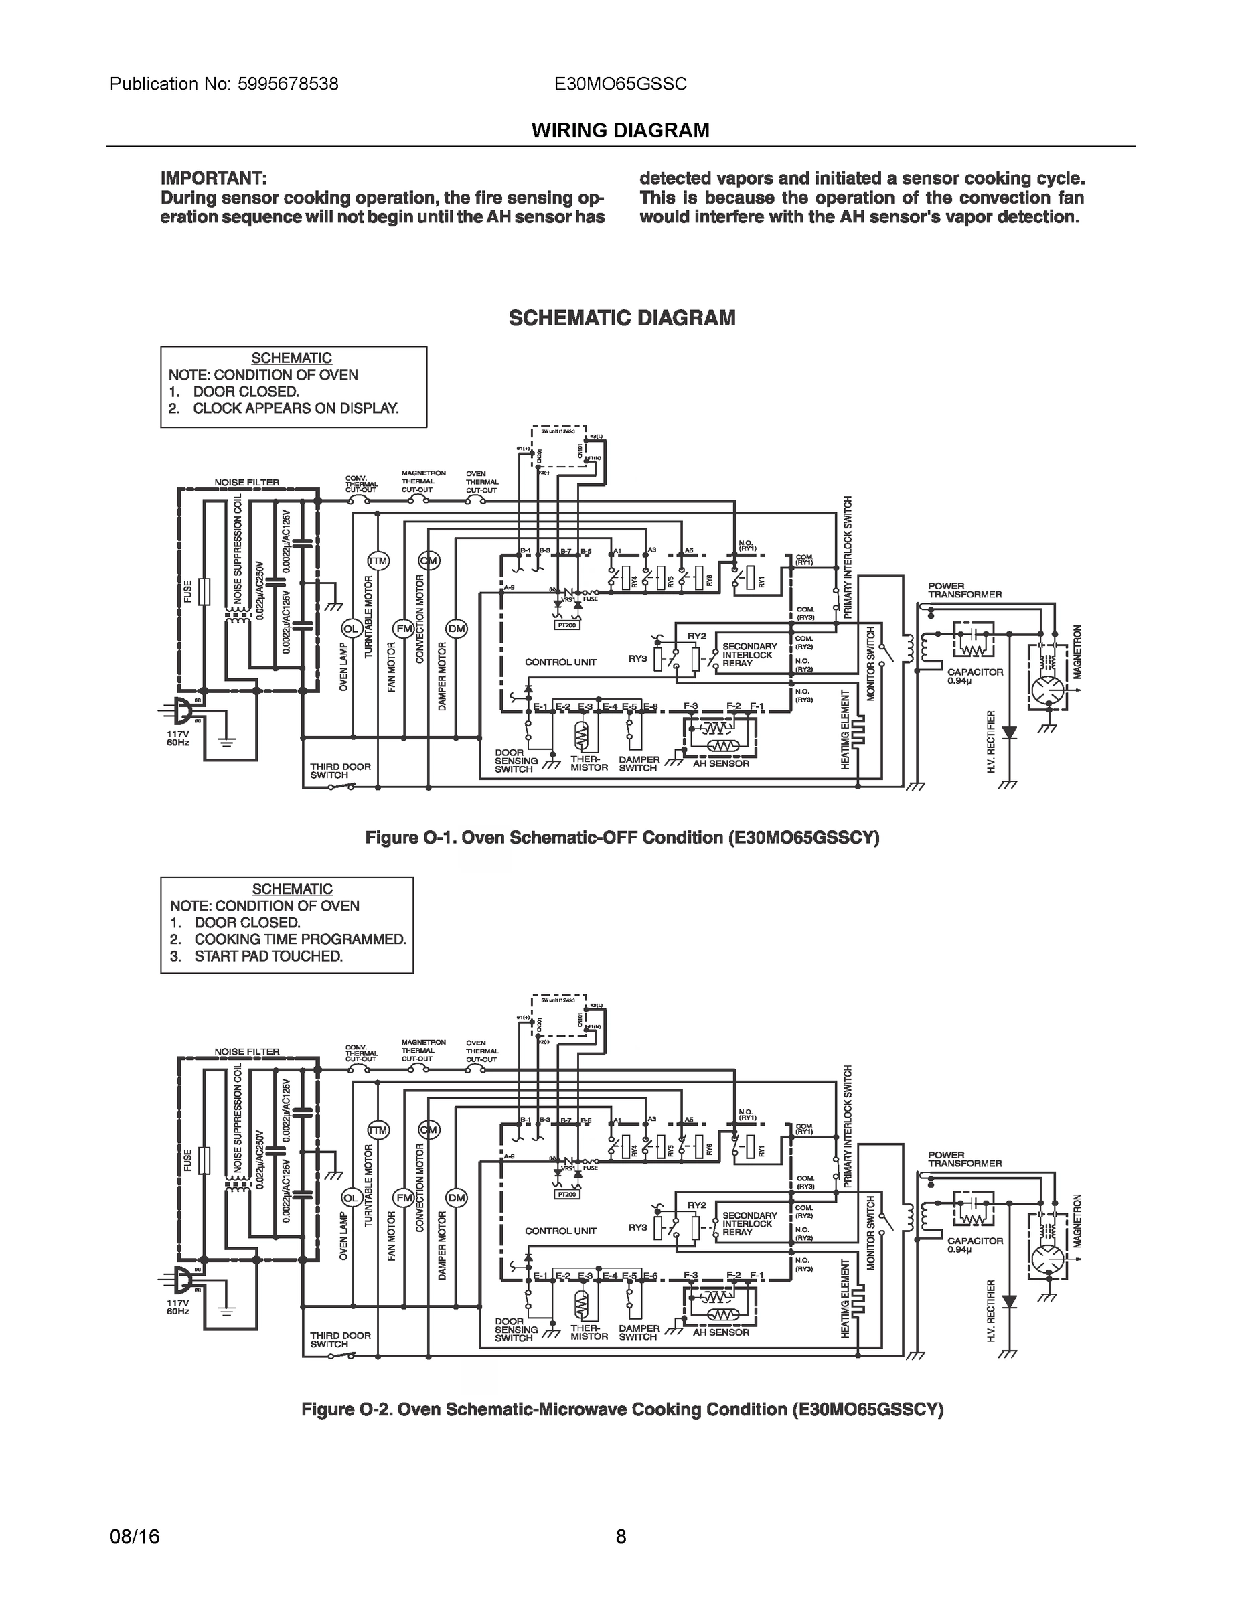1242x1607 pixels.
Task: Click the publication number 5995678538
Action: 288,84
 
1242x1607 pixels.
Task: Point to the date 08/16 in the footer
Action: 135,1537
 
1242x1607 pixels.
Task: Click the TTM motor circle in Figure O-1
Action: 378,561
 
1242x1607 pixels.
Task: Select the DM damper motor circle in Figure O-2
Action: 457,1198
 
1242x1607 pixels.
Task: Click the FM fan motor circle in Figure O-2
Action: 403,1198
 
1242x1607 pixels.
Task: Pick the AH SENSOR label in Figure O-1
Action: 720,764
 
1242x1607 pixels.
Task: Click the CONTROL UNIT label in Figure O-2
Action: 560,1231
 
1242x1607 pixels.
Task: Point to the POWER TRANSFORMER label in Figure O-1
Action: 964,590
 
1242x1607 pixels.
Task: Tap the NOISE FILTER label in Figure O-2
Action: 246,1051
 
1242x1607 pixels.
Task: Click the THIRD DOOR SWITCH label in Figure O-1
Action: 340,771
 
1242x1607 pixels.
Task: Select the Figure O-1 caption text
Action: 622,838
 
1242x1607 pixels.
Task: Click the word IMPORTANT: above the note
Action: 214,179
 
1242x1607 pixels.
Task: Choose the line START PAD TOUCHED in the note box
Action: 268,955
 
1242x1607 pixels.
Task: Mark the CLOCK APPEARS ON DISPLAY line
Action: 295,408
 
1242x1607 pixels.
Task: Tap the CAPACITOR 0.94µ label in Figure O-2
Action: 974,1245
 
